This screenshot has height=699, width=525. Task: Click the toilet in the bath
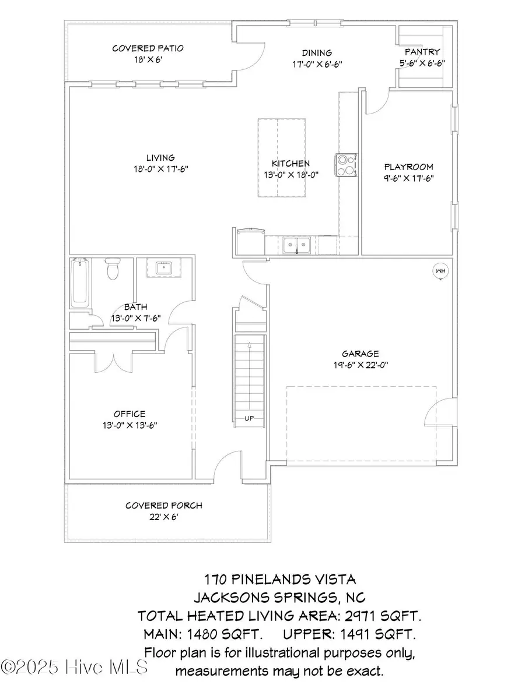(x=113, y=271)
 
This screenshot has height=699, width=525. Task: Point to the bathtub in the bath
(x=79, y=284)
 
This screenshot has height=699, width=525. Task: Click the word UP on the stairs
(x=249, y=417)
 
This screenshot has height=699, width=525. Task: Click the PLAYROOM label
(x=408, y=167)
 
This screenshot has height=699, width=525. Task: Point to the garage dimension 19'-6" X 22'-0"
(x=360, y=365)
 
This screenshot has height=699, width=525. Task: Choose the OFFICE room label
(x=130, y=414)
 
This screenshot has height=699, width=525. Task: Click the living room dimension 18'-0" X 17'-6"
(x=160, y=168)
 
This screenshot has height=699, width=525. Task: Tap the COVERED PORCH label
(x=164, y=505)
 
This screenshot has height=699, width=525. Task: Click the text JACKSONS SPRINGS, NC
(x=280, y=598)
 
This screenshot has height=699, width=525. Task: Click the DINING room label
(x=317, y=53)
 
